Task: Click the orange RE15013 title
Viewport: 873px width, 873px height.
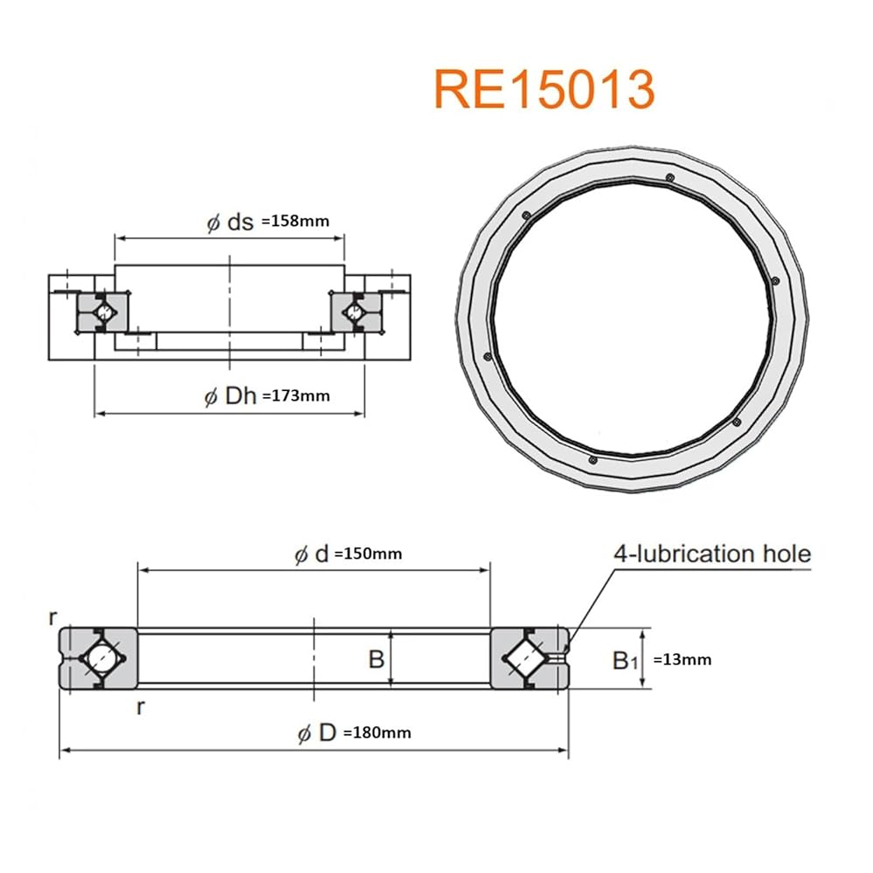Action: tap(544, 90)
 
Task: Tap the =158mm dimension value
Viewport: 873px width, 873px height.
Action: tap(295, 221)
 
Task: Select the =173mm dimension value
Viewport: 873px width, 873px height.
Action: tap(296, 395)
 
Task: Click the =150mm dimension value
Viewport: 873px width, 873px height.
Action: tap(368, 554)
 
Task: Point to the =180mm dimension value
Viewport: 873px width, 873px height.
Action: tap(378, 732)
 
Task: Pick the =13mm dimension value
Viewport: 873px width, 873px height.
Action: tap(682, 660)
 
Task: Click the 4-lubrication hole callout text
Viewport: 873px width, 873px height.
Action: tap(712, 554)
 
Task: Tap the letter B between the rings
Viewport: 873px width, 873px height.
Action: tap(377, 659)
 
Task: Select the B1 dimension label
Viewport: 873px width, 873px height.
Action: tap(625, 661)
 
